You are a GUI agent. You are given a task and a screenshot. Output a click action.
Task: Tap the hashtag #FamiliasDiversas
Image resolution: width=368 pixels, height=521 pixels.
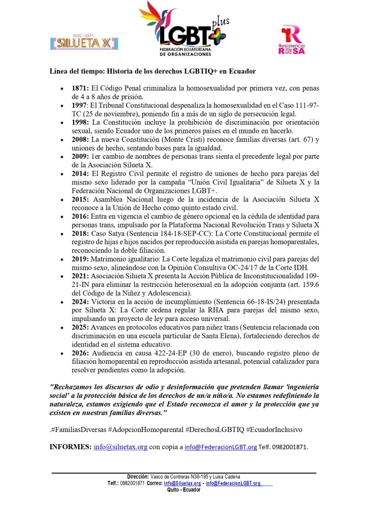point(78,429)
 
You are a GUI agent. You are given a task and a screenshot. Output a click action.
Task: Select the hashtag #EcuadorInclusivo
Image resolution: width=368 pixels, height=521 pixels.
point(274,429)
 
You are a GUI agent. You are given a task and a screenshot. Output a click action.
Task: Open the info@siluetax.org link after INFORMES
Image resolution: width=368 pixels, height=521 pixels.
point(120,447)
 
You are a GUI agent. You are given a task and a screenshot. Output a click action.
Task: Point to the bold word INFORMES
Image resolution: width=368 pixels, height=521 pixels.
point(70,447)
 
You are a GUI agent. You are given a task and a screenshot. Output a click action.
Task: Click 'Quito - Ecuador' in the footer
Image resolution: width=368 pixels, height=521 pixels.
point(183,489)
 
